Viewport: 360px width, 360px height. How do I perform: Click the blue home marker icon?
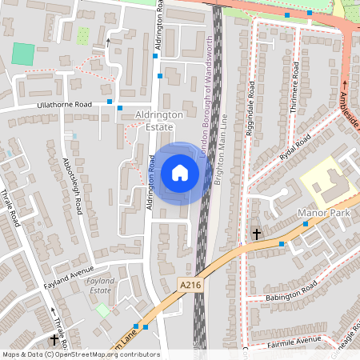coord(180,173)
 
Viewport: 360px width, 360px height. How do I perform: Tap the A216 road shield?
coord(190,286)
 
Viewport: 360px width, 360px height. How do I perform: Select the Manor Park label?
coord(325,214)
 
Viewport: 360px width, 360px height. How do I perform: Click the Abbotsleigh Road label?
coord(72,185)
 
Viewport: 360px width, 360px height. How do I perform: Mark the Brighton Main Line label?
coord(226,156)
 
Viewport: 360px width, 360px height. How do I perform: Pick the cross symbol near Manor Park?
coord(256,234)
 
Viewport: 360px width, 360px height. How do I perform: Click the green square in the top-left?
coord(24,54)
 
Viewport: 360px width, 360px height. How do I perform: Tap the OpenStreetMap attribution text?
coord(81,354)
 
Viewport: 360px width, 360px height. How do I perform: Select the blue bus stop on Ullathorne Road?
coord(120,108)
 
